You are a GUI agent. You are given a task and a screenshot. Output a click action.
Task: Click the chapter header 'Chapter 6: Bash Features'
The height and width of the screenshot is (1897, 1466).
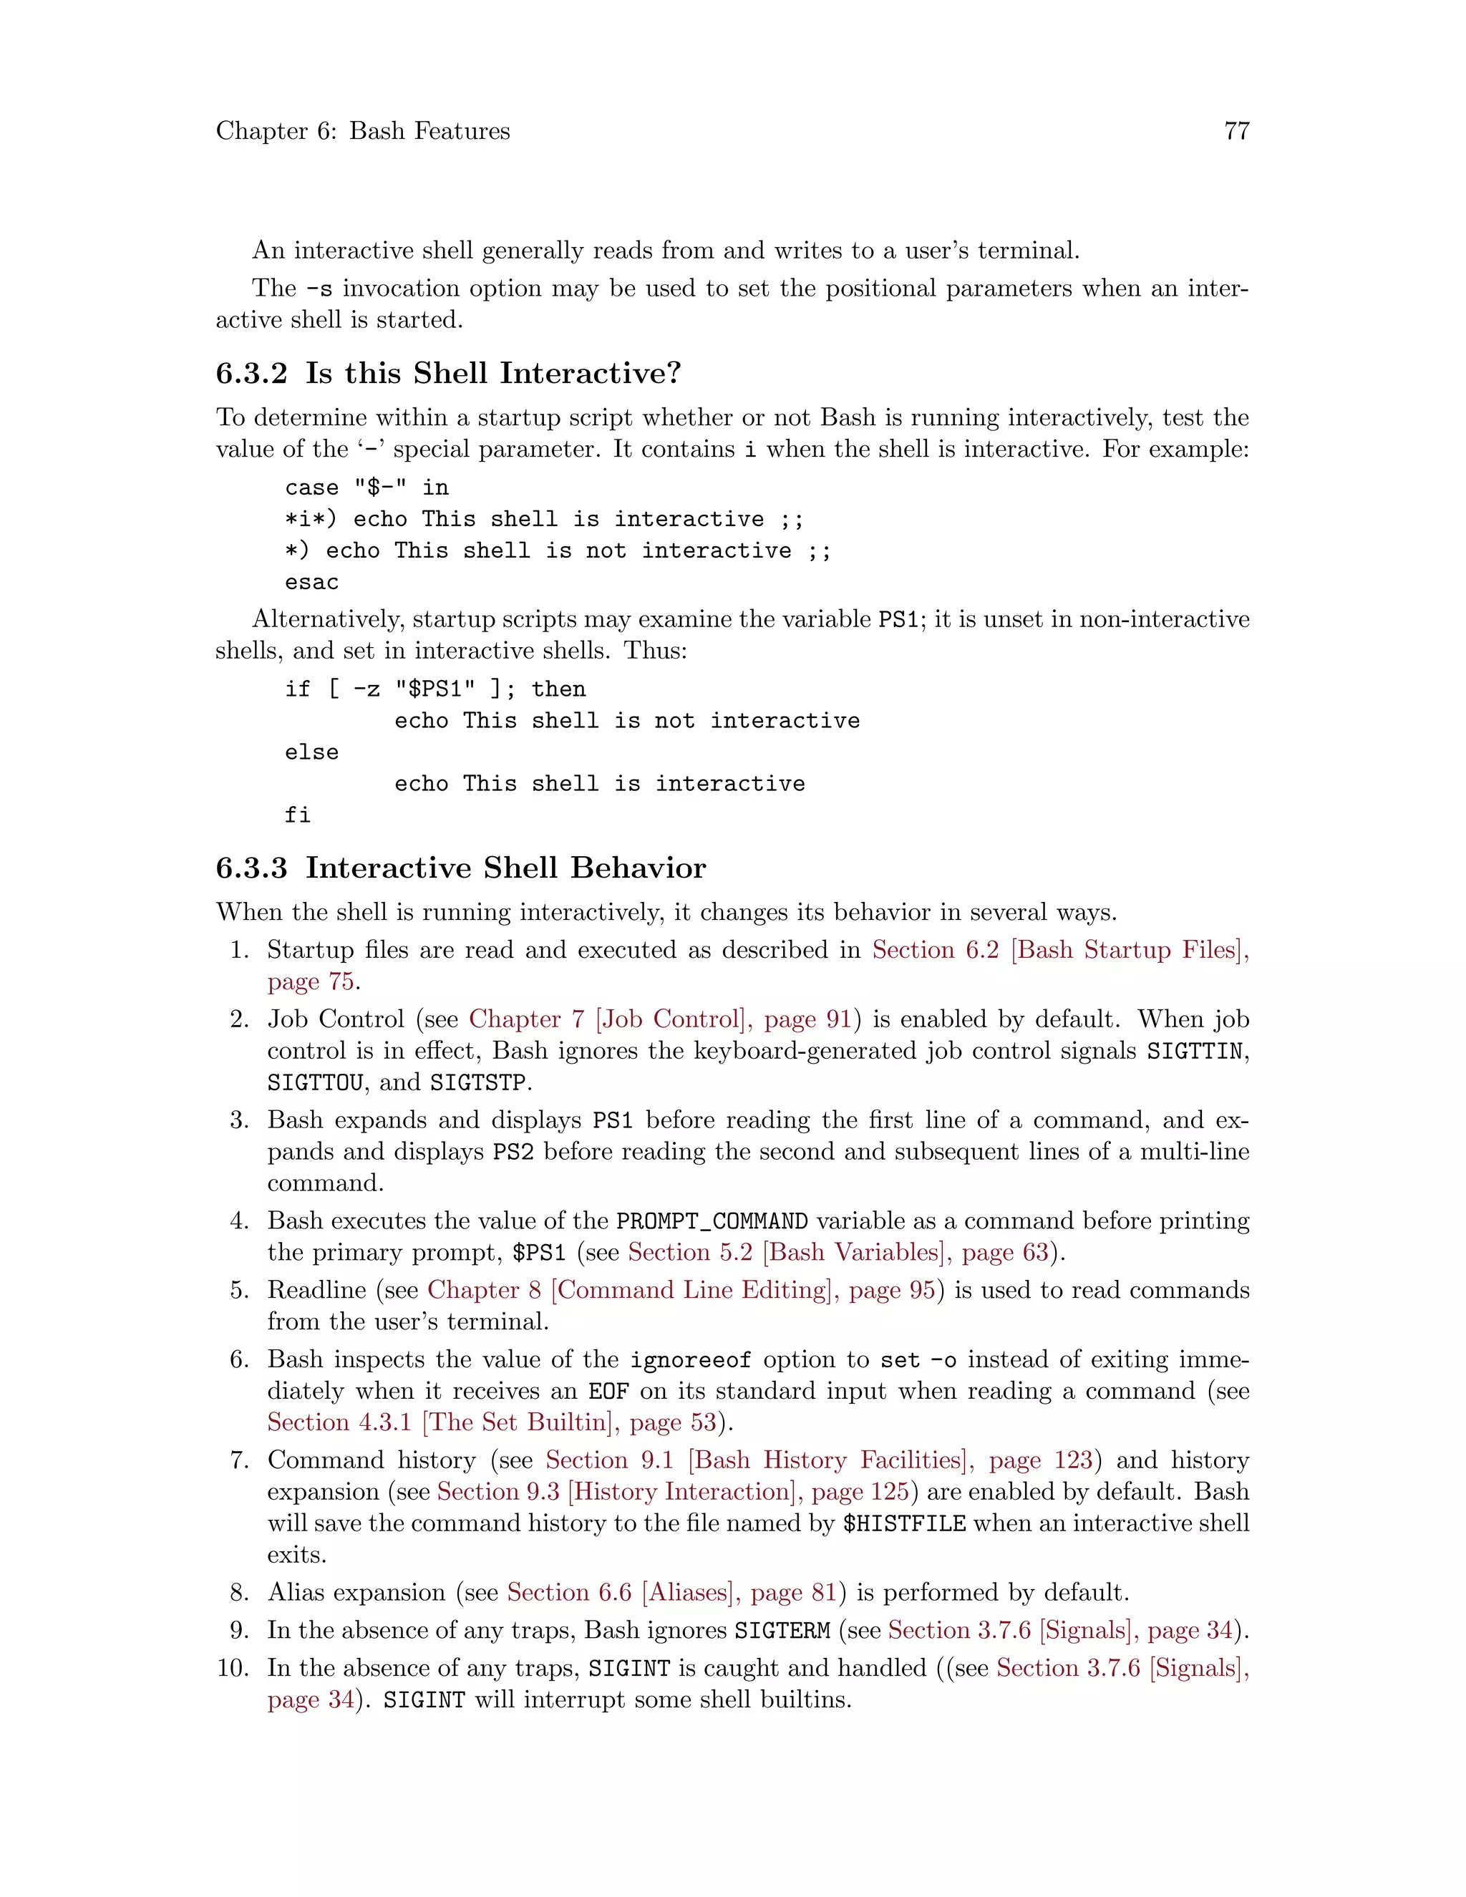[363, 131]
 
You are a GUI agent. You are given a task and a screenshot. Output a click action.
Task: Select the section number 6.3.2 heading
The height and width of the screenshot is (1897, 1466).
[251, 374]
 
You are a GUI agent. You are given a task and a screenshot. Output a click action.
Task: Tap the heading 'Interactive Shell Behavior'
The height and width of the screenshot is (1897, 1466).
[505, 868]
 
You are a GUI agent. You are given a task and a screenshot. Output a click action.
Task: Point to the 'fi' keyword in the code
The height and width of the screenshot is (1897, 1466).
[298, 815]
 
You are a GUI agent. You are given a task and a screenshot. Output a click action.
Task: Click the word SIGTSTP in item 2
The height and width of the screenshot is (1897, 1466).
[477, 1083]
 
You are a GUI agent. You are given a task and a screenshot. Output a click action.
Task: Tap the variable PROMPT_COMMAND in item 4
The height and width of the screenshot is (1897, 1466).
[712, 1221]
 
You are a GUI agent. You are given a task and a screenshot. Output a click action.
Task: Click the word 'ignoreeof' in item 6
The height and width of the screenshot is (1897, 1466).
[691, 1360]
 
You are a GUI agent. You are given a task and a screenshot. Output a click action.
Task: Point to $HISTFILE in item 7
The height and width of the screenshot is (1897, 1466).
[904, 1523]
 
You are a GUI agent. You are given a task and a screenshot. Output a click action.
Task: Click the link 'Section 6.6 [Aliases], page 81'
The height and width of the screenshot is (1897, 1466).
[671, 1593]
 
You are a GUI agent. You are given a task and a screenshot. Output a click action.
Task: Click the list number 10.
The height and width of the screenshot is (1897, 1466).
[233, 1668]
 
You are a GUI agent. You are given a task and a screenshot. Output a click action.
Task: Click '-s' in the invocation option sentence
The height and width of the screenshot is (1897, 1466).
[319, 289]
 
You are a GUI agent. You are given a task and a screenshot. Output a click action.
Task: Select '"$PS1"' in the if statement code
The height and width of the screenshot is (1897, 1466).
[435, 689]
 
